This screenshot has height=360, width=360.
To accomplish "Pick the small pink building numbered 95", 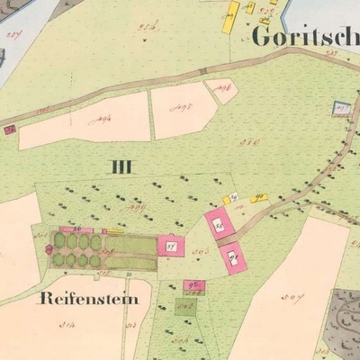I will [193, 286].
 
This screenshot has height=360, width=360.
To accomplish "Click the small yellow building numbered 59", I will [229, 198].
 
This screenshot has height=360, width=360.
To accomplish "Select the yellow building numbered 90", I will [258, 196].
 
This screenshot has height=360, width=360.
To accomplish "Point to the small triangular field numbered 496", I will [220, 87].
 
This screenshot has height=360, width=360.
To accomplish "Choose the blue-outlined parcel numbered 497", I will [340, 107].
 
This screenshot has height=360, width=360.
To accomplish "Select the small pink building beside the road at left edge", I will [9, 130].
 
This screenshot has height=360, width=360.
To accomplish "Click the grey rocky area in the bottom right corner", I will [344, 315].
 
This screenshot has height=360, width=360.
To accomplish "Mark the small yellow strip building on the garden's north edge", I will [114, 231].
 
